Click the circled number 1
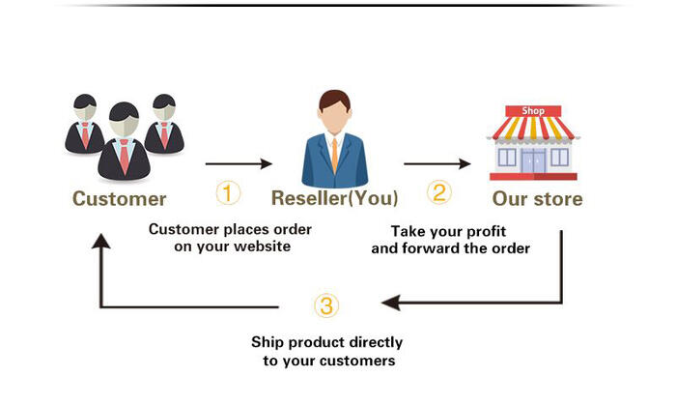coord(228,193)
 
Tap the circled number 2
coord(438,192)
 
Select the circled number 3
coord(326,305)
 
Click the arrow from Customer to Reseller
coord(239,163)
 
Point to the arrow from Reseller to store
coord(437,163)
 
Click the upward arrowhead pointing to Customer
coord(100,241)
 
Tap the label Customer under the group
coord(119,199)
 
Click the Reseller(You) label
coord(334,198)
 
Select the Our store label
coord(537,199)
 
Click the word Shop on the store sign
coord(533,111)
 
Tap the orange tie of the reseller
coord(334,155)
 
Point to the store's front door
coord(533,160)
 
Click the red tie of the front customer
coord(125,157)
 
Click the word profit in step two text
coord(487,232)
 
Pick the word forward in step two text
coord(433,248)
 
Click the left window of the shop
coord(507,158)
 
